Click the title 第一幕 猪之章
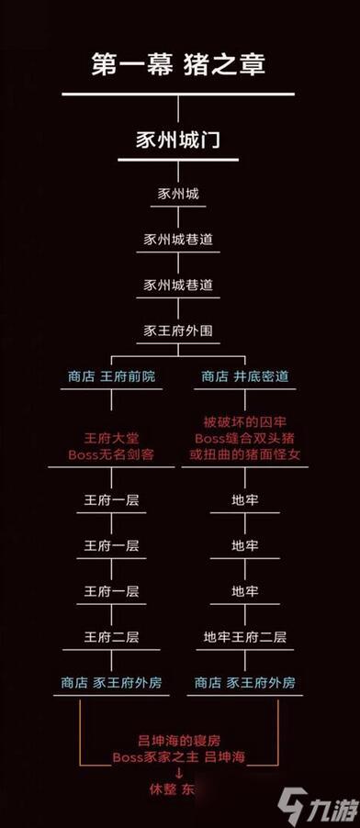point(179,64)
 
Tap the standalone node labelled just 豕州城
point(179,194)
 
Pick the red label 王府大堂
point(111,438)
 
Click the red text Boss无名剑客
point(111,454)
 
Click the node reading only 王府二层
point(111,636)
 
